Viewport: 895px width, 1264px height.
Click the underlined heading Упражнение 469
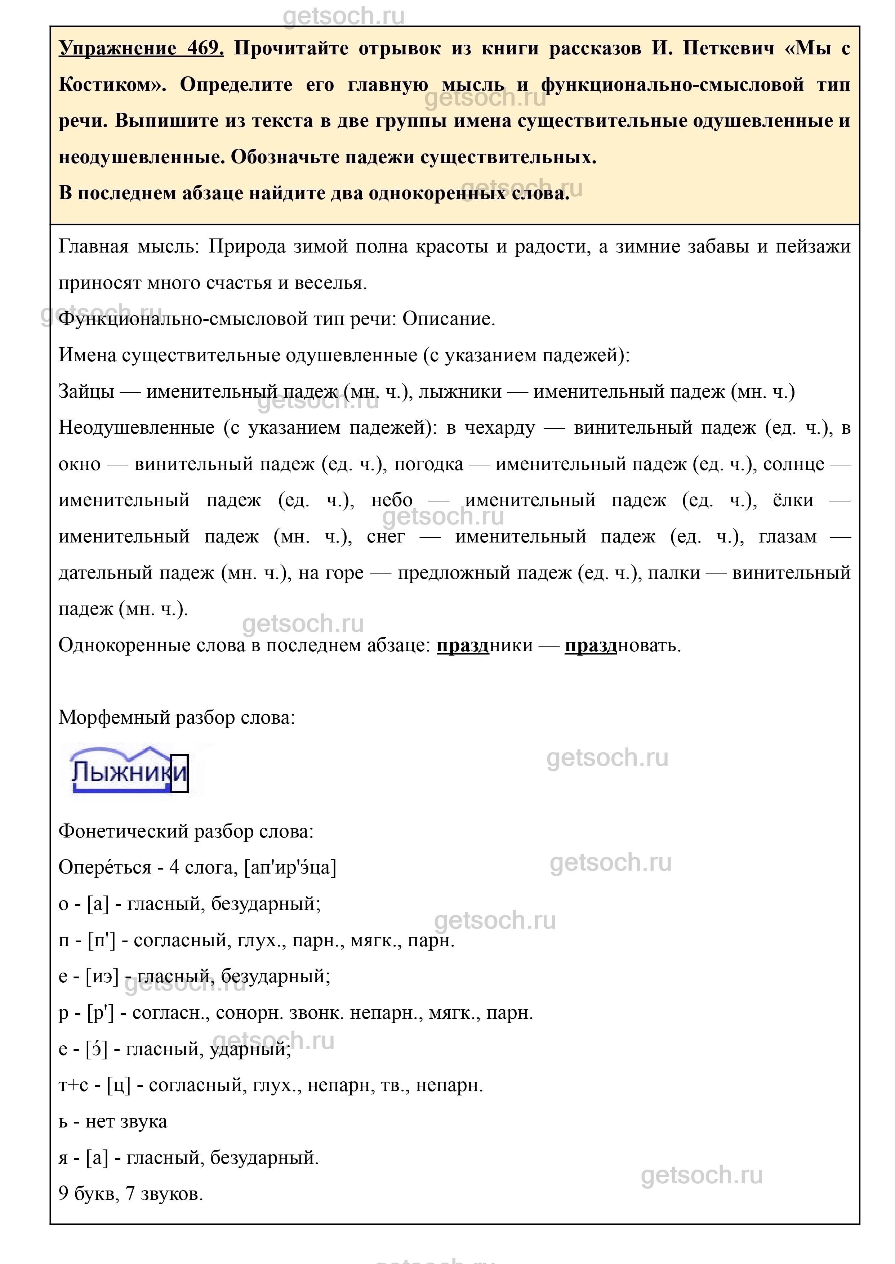click(141, 49)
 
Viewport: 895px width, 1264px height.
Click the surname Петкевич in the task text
click(729, 49)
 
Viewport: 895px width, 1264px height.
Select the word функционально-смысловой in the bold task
click(672, 85)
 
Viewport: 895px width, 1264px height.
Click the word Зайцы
click(86, 392)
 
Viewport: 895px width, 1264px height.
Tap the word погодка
click(429, 464)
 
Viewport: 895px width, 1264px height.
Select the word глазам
click(788, 537)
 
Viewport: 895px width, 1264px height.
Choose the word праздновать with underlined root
click(622, 645)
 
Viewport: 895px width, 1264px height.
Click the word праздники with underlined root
click(485, 645)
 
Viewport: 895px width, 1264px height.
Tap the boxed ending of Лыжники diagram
click(180, 773)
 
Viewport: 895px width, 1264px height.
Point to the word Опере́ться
click(105, 868)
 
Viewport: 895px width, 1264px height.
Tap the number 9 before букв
click(64, 1194)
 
